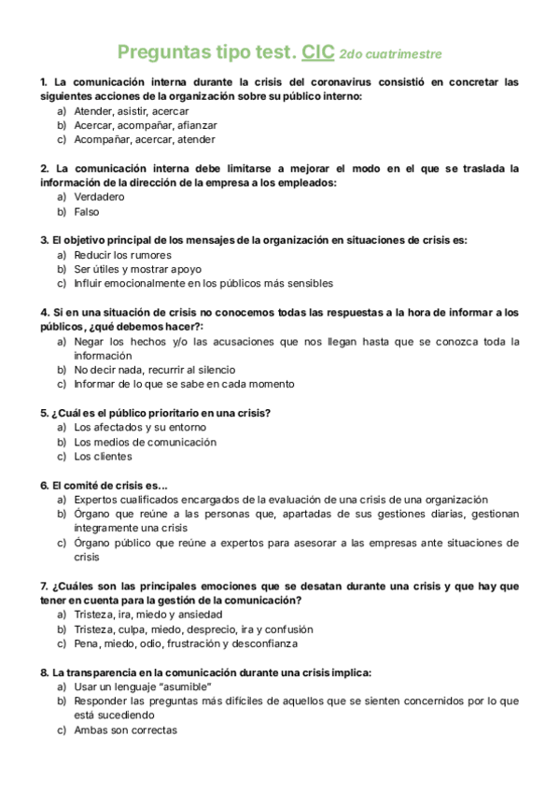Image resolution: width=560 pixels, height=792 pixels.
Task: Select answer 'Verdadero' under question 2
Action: [x=99, y=197]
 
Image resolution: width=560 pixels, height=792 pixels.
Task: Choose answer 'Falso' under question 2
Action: [x=87, y=212]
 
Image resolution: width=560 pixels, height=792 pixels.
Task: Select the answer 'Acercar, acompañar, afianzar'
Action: [x=146, y=125]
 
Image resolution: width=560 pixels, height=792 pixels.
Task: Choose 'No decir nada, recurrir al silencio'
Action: [x=155, y=370]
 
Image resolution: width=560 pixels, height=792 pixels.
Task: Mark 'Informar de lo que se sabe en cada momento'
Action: [x=184, y=384]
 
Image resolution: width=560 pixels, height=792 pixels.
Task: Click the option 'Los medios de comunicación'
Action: [x=145, y=442]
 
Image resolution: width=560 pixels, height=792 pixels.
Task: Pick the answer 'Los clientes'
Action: [x=103, y=457]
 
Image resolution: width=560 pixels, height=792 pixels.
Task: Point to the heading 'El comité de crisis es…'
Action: [x=105, y=486]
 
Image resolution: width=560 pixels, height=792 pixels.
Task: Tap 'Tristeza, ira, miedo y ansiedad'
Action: [x=148, y=615]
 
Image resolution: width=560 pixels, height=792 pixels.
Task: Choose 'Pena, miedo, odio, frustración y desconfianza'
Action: [x=186, y=643]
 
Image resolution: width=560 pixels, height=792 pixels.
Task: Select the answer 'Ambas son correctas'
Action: [x=125, y=730]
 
